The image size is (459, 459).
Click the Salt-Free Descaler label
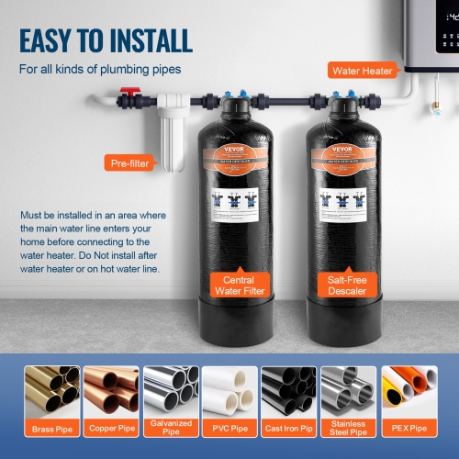[341, 285]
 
